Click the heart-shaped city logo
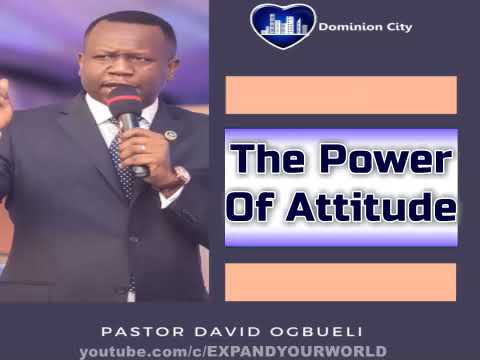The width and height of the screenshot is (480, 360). (283, 26)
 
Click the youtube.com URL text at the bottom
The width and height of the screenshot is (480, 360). (233, 351)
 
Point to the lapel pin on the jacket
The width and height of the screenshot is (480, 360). (170, 135)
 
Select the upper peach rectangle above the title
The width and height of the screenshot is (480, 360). (341, 95)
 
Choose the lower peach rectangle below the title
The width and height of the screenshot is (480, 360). (341, 281)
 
